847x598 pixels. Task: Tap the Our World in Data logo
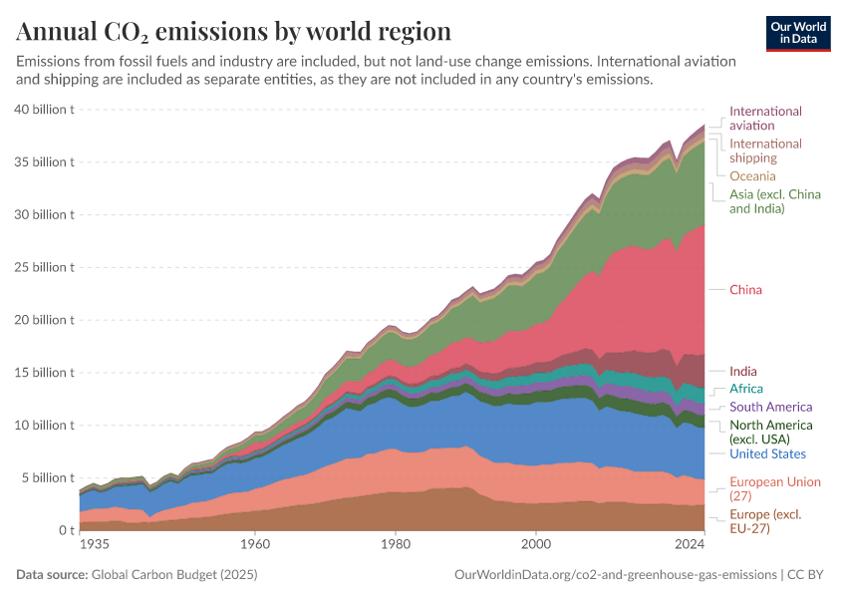(x=797, y=33)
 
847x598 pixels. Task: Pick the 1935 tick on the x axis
(x=94, y=545)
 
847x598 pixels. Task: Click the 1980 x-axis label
(x=396, y=545)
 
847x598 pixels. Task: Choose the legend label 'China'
(x=745, y=290)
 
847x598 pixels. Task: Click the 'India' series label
(x=742, y=371)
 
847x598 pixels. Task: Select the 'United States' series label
(x=767, y=454)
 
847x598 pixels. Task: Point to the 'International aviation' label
(x=765, y=119)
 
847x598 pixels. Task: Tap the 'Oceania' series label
(x=752, y=176)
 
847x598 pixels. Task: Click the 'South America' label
(x=770, y=407)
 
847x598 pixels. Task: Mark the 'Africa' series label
(x=746, y=389)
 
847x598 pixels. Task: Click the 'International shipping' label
(x=765, y=150)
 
